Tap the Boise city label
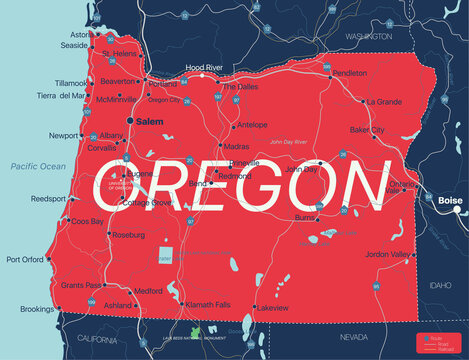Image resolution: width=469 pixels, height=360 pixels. [x=450, y=200]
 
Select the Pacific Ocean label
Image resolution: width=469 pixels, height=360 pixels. [x=38, y=165]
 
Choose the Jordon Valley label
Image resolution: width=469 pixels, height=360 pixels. [x=388, y=255]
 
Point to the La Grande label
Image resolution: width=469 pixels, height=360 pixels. [x=383, y=102]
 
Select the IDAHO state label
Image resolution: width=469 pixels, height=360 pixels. [x=440, y=286]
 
